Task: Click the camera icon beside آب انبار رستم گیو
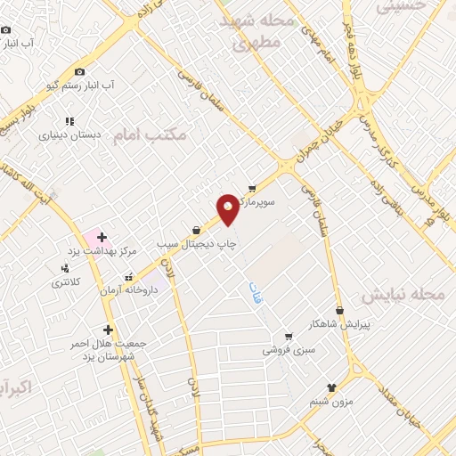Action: point(79,71)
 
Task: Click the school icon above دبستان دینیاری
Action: point(69,121)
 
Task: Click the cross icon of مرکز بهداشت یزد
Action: point(102,237)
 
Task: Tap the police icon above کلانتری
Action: point(64,268)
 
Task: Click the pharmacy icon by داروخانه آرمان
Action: point(129,276)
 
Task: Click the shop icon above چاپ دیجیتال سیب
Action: point(195,230)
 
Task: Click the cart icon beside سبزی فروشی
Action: point(288,337)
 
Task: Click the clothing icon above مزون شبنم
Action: point(331,387)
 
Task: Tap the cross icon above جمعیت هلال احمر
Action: point(109,330)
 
